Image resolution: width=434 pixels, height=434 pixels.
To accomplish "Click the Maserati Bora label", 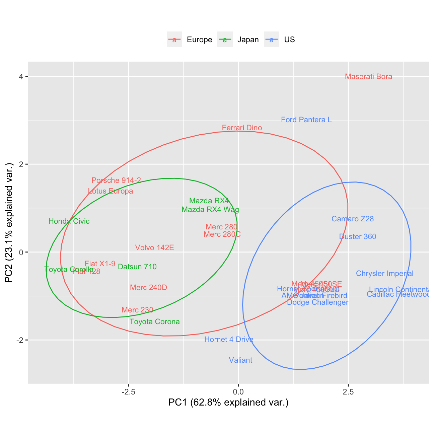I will click(x=368, y=77).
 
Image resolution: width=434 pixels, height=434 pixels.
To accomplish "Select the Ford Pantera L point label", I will click(x=306, y=120).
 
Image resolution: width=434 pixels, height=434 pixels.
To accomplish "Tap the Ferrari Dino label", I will click(x=242, y=128).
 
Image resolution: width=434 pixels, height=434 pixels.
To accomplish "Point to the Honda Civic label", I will click(x=69, y=221).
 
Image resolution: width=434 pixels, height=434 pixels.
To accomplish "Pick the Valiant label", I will click(x=240, y=360).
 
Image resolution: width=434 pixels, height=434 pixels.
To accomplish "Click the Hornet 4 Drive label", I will click(x=229, y=340).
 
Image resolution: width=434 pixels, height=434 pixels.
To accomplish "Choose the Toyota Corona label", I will click(x=154, y=322).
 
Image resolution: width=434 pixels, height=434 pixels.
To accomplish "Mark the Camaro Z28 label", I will click(x=353, y=219).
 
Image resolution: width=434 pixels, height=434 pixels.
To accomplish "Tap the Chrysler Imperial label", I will click(x=384, y=274).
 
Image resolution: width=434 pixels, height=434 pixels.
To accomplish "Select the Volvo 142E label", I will click(x=154, y=248).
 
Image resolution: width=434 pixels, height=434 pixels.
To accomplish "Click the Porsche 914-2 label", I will click(x=116, y=180).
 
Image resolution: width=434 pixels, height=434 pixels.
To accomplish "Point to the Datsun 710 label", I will click(x=137, y=267).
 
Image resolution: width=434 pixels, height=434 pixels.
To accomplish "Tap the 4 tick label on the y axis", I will click(x=21, y=76).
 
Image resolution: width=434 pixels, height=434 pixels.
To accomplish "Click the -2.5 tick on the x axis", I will click(x=129, y=391).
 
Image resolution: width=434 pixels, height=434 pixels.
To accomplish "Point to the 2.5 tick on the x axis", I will click(x=348, y=391).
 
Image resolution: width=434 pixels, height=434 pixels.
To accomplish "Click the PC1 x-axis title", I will click(x=228, y=403).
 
